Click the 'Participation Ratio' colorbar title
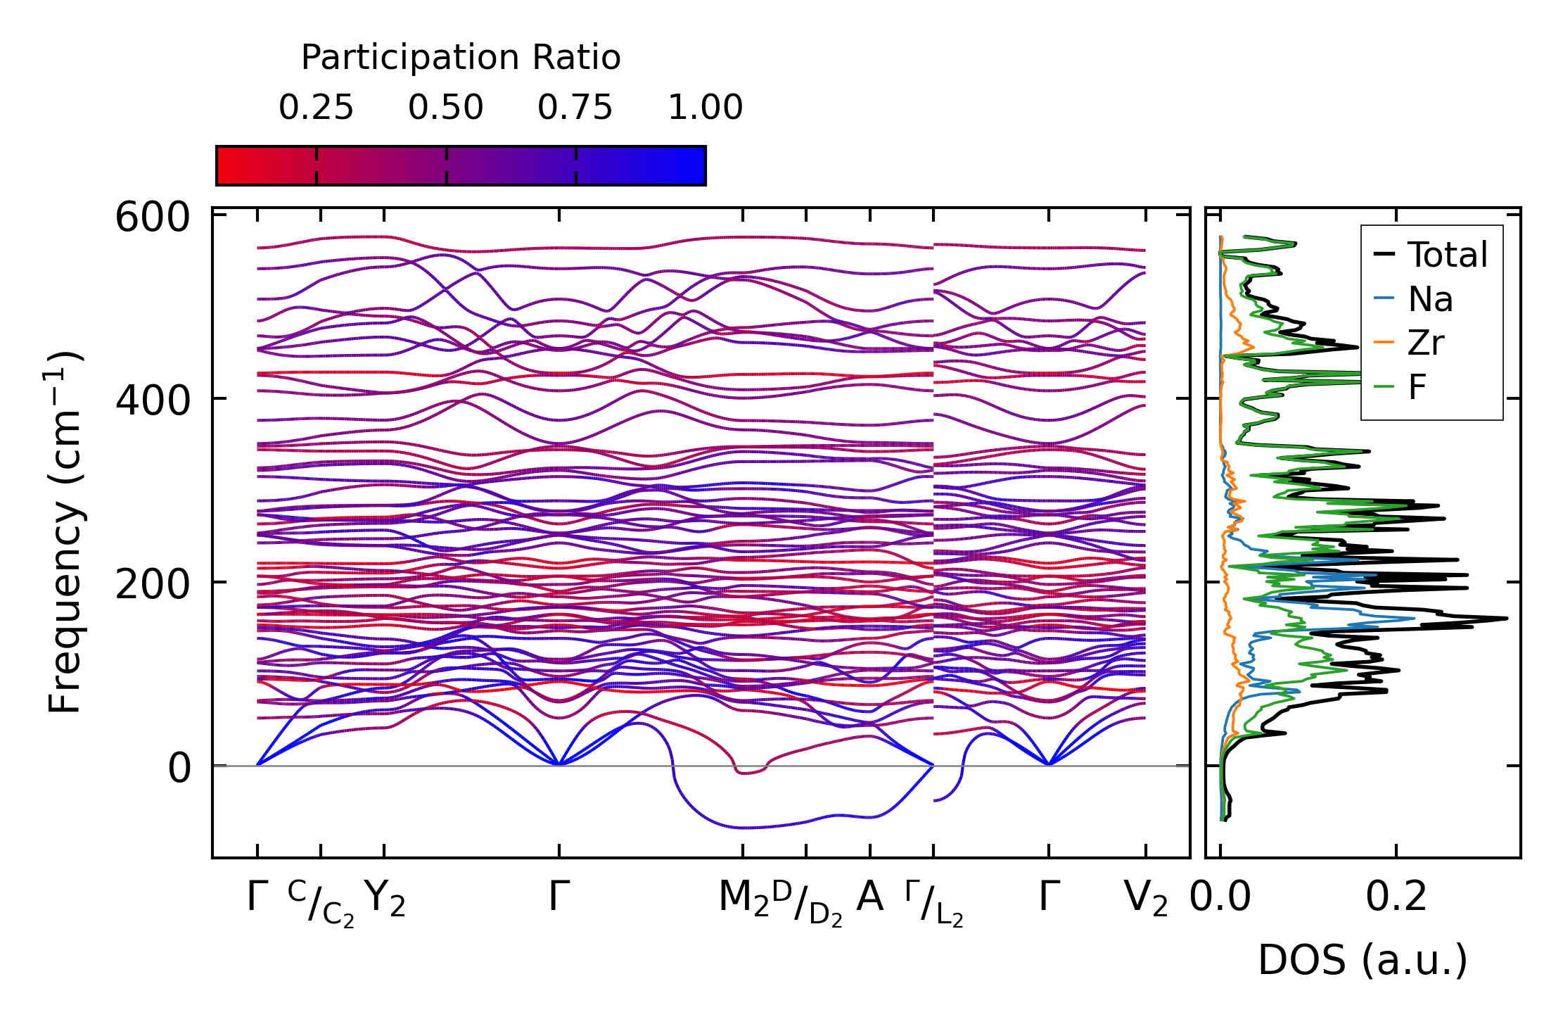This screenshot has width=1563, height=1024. coord(461,58)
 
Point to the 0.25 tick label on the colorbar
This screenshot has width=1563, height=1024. coord(316,108)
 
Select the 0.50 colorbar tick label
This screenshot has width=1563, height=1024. coord(446,108)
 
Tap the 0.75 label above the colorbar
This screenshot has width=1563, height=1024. coord(575,108)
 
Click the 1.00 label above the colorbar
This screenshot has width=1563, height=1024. coord(705,108)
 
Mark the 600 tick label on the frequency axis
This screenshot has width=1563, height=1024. coord(153,217)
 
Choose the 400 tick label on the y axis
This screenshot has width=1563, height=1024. coord(153,401)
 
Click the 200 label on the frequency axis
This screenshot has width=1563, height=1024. coord(153,584)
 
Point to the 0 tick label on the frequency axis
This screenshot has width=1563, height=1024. coord(179,768)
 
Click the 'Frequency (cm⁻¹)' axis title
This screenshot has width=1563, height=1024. coord(65,532)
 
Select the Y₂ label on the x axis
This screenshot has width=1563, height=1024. coord(385,899)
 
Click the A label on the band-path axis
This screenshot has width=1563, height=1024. coord(870,897)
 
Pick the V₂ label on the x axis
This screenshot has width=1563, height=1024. coord(1146,899)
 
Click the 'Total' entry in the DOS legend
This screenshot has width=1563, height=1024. coord(1447,255)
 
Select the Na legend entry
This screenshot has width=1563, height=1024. coord(1430,300)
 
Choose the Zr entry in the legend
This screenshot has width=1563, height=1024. coord(1426,343)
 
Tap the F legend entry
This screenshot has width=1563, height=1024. coord(1417,387)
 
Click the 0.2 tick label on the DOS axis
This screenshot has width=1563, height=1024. coord(1396,897)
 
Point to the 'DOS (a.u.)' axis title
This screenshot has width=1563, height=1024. coord(1363,960)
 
